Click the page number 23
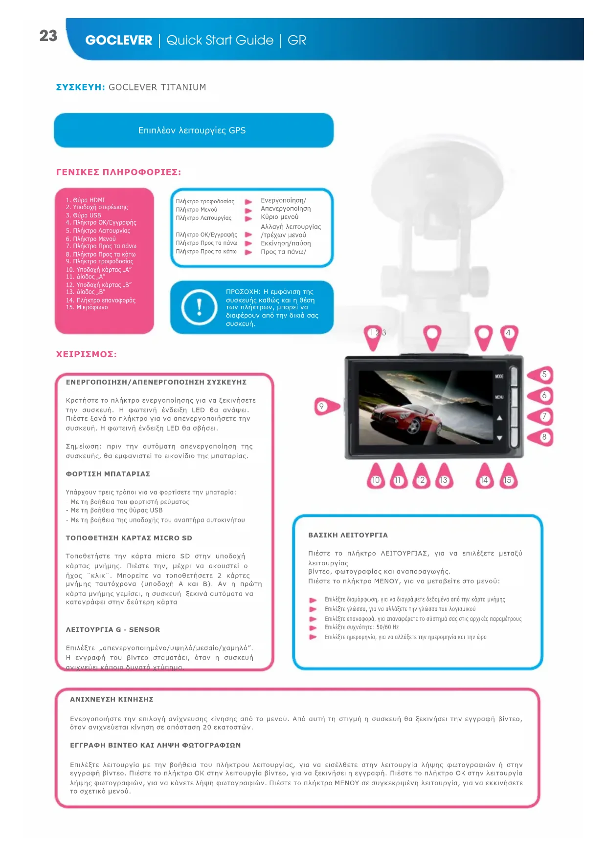(x=48, y=36)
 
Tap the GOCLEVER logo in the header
(x=119, y=41)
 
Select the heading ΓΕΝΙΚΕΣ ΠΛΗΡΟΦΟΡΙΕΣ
(x=118, y=172)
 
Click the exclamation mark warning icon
(x=199, y=307)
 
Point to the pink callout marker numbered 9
(x=325, y=407)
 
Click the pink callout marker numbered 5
(x=541, y=375)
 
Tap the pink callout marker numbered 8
(x=541, y=437)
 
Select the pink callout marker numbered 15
(x=508, y=478)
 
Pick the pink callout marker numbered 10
(x=376, y=478)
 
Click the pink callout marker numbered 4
(x=509, y=336)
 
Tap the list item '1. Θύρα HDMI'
(x=86, y=200)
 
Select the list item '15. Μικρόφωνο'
(x=87, y=307)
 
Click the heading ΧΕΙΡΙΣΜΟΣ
(x=87, y=354)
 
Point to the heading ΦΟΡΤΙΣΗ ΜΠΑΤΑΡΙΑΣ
(x=108, y=474)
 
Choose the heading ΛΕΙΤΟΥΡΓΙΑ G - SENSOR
(x=113, y=630)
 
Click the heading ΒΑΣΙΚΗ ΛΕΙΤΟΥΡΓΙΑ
(x=348, y=535)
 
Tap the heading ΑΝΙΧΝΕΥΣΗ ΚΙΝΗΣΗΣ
(x=112, y=699)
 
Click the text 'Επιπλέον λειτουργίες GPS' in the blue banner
(x=192, y=130)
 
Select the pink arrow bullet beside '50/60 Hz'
(x=313, y=628)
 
